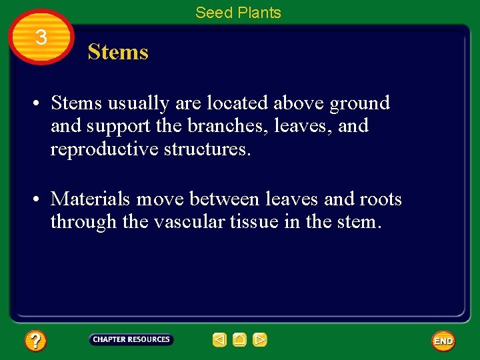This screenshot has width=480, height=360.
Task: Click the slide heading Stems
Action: (x=118, y=52)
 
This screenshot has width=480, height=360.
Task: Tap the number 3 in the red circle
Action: (x=41, y=37)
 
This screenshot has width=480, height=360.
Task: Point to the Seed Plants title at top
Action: (x=238, y=12)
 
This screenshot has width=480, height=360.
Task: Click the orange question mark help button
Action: (x=35, y=341)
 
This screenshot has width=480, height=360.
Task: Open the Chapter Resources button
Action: (x=131, y=339)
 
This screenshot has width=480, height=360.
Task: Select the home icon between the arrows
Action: (x=240, y=340)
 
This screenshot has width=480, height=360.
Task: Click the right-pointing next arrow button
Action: (x=260, y=340)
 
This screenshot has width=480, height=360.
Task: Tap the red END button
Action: (x=443, y=341)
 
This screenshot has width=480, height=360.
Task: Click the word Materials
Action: (x=93, y=199)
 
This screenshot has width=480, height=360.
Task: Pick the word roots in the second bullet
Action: (x=380, y=199)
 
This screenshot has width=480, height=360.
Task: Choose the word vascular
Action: (x=181, y=222)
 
